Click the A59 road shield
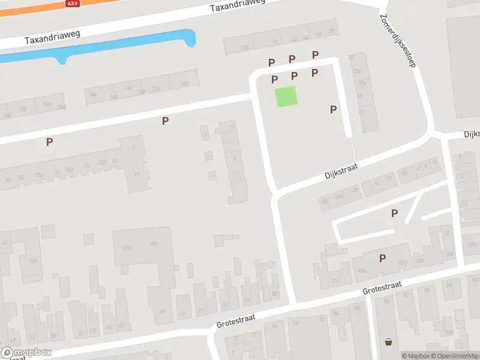(x=72, y=4)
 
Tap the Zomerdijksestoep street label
(x=397, y=41)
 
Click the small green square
(x=286, y=97)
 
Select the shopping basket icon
(x=389, y=342)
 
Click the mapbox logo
(x=26, y=353)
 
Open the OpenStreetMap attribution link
(x=456, y=356)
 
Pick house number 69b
(x=127, y=247)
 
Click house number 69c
(x=154, y=243)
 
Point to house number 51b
(x=34, y=260)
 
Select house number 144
(x=92, y=94)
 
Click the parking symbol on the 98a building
(x=382, y=259)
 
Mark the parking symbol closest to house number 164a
(x=50, y=142)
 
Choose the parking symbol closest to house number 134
(x=165, y=121)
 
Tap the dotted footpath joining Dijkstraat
(x=353, y=149)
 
